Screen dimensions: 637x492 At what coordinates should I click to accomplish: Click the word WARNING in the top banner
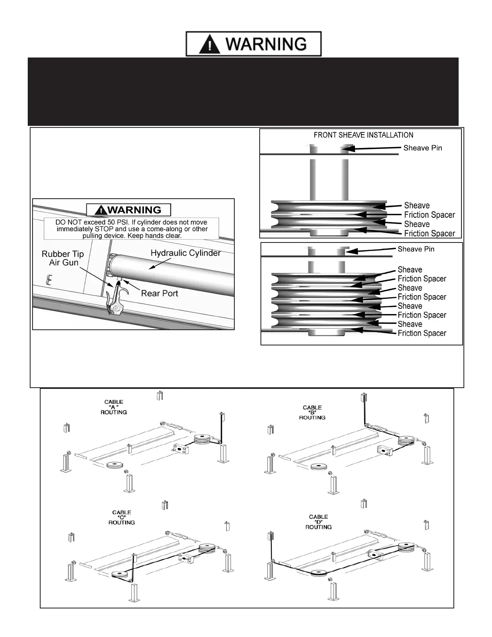(x=266, y=44)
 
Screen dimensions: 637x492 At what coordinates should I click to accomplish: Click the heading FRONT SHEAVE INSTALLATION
(x=363, y=135)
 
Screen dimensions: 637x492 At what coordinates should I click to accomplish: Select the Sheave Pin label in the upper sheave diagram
(x=422, y=148)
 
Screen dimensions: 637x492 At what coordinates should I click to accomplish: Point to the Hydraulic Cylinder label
(x=185, y=253)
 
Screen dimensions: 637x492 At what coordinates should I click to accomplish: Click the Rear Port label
(x=159, y=294)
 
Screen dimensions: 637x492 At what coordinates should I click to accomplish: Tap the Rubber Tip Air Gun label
(x=63, y=258)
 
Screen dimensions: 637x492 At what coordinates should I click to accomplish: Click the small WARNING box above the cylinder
(x=129, y=210)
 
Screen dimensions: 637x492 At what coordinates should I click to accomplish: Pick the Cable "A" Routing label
(x=114, y=407)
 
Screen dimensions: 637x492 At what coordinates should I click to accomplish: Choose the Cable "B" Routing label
(x=312, y=413)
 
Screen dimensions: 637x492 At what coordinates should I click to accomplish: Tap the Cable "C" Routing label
(x=121, y=518)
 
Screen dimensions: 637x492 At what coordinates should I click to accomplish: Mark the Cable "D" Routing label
(x=318, y=522)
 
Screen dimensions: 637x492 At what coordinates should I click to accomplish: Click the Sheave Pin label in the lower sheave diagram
(x=416, y=249)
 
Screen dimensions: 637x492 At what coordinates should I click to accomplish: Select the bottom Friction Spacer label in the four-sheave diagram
(x=422, y=333)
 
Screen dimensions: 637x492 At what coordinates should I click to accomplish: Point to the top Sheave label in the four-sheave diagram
(x=410, y=270)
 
